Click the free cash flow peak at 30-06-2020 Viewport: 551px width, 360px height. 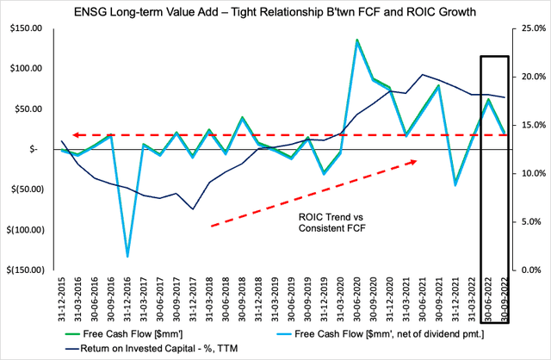pos(356,40)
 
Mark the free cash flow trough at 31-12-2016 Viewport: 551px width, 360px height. pos(128,256)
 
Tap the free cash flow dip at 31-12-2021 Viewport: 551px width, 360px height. pos(455,184)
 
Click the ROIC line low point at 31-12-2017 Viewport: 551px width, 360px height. pos(193,209)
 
